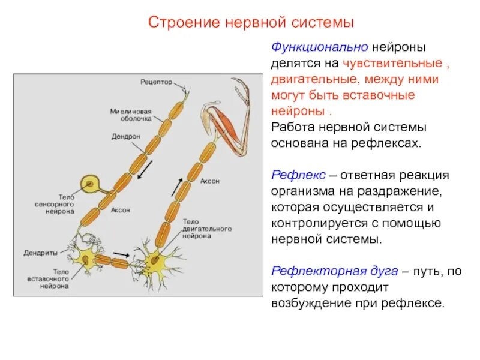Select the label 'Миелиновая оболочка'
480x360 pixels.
point(131,115)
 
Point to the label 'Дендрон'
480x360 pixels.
point(126,137)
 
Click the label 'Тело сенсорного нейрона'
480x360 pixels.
point(58,203)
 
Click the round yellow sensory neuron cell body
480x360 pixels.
point(91,182)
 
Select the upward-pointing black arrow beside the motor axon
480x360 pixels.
point(176,187)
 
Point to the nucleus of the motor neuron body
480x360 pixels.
point(157,262)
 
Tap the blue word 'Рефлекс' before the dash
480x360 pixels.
point(298,176)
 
